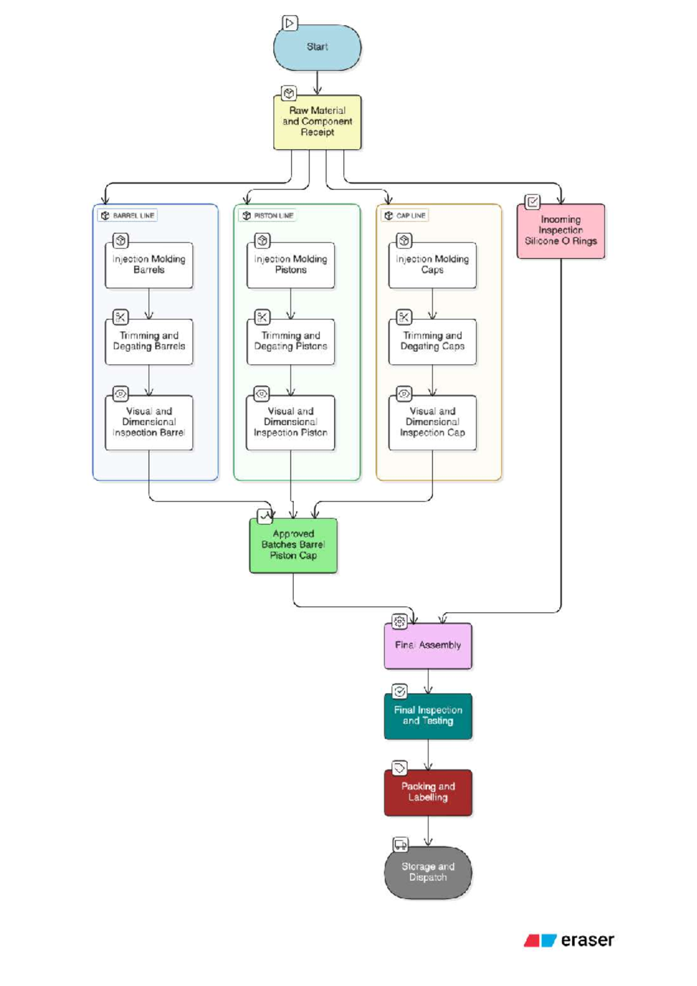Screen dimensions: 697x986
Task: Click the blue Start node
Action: [317, 47]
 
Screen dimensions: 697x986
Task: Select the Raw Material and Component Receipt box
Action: [317, 122]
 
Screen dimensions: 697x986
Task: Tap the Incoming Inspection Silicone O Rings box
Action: [560, 231]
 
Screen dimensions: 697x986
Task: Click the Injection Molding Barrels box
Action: [149, 265]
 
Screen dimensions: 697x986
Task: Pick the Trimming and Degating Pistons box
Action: [290, 341]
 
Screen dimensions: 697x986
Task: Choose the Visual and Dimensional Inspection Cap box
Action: [432, 423]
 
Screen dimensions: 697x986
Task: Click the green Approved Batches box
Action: [293, 545]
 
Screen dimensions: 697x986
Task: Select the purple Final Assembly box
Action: [428, 646]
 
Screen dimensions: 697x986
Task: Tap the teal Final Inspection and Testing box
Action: [428, 716]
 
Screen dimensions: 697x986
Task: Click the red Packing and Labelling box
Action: [428, 792]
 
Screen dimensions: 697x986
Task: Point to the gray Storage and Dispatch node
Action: [428, 872]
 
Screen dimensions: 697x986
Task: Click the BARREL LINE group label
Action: [128, 215]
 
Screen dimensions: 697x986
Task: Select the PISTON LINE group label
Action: [268, 215]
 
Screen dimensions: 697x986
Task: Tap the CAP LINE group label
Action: [405, 215]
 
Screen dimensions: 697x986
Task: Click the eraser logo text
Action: [587, 940]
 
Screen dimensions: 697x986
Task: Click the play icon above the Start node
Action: [289, 23]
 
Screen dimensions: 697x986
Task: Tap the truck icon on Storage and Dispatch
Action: [400, 844]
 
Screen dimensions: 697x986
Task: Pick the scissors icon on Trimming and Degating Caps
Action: [404, 317]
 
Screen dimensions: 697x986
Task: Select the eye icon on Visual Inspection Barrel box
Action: [120, 394]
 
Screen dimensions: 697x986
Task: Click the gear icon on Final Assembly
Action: [400, 621]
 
